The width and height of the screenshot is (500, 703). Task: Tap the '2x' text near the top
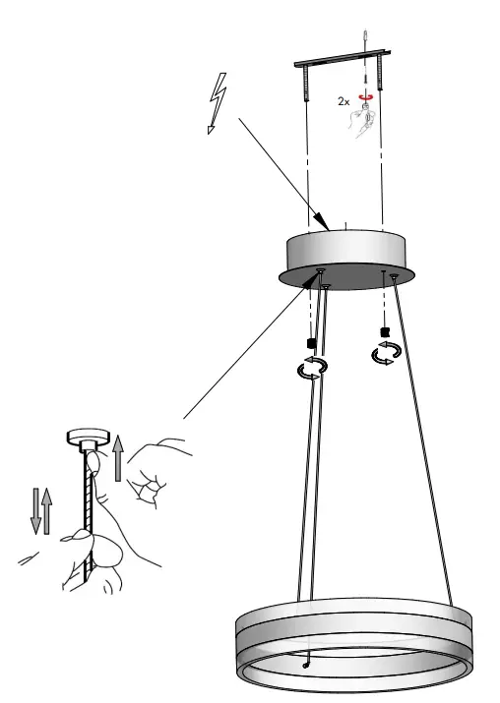(x=342, y=101)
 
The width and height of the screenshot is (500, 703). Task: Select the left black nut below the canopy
(x=311, y=341)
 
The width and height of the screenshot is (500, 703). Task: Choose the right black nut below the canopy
(x=385, y=331)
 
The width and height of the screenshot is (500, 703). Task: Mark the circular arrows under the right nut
(x=384, y=354)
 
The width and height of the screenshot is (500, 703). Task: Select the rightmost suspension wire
(x=425, y=442)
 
